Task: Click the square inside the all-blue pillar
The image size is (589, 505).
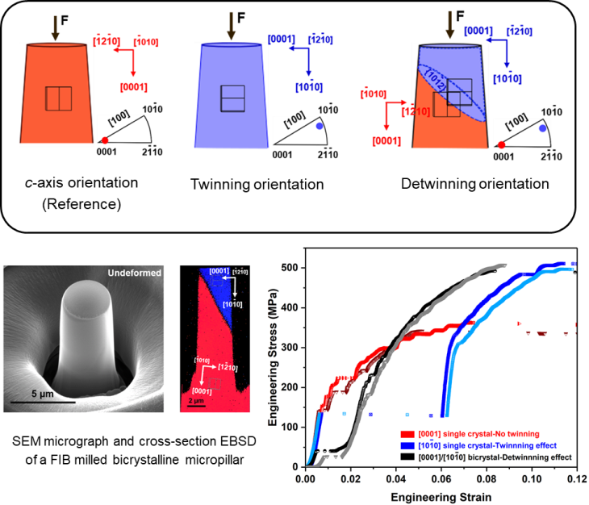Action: (x=232, y=98)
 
